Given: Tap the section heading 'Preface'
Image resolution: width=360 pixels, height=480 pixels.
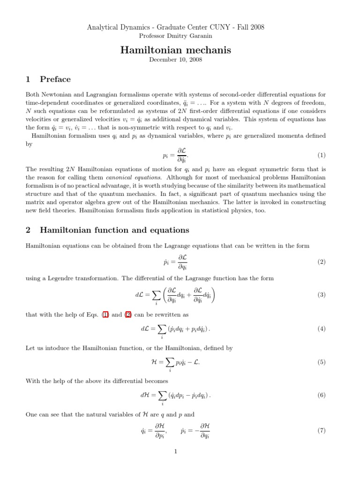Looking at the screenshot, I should tap(55, 79).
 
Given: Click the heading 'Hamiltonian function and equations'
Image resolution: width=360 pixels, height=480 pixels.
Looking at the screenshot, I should tap(115, 230).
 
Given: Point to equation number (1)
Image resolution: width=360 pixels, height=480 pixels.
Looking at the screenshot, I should tap(321, 155).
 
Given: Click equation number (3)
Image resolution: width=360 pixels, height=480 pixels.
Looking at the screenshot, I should tap(321, 295).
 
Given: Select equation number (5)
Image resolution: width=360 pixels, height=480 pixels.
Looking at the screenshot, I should tap(321, 362).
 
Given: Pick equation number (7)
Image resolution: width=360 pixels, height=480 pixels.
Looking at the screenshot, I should tap(321, 430).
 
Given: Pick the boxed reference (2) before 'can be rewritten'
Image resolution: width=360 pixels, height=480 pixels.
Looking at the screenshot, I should tap(127, 315).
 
